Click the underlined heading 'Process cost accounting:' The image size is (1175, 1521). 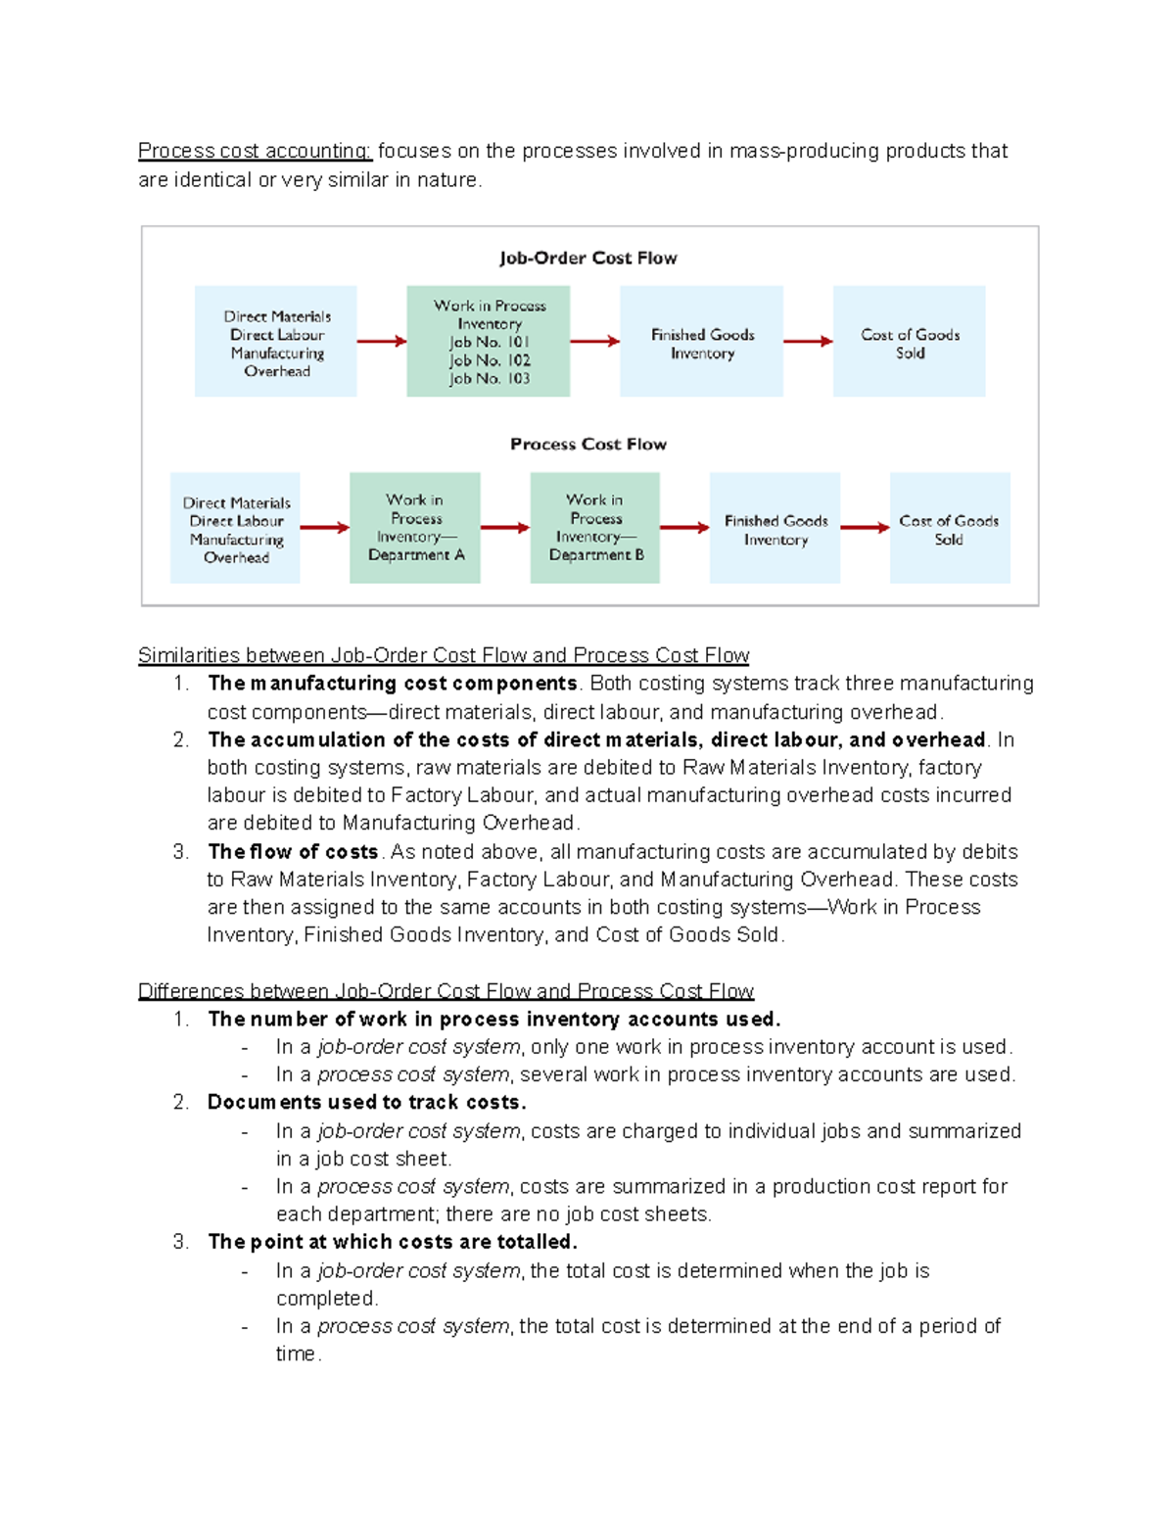point(255,151)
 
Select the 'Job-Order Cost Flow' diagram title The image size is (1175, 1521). point(587,258)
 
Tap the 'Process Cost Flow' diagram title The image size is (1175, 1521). point(587,444)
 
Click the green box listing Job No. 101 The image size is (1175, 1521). point(488,341)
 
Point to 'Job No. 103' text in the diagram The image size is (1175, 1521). point(490,379)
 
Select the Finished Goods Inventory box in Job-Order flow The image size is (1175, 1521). point(701,342)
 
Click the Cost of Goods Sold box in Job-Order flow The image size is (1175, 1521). point(909,342)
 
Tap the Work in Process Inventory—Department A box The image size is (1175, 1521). point(415,528)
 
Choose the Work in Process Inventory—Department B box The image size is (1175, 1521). point(594,528)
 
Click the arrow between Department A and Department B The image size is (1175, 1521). point(504,528)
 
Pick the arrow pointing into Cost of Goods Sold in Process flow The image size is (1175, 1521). point(865,528)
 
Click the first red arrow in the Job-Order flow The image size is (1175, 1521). point(381,342)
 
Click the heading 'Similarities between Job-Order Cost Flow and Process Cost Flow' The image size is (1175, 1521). point(444,655)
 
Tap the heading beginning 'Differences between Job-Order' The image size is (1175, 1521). point(446,991)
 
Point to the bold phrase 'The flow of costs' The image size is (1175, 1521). point(293,852)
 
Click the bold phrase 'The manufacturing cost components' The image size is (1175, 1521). point(392,684)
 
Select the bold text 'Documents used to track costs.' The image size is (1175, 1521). point(366,1103)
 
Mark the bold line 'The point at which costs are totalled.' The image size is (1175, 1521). point(392,1242)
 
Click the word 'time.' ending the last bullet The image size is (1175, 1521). point(298,1355)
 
